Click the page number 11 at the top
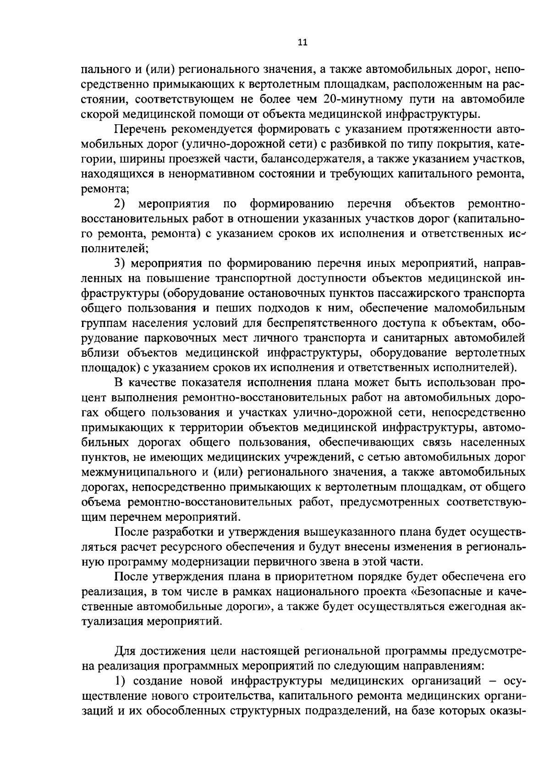pos(302,43)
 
